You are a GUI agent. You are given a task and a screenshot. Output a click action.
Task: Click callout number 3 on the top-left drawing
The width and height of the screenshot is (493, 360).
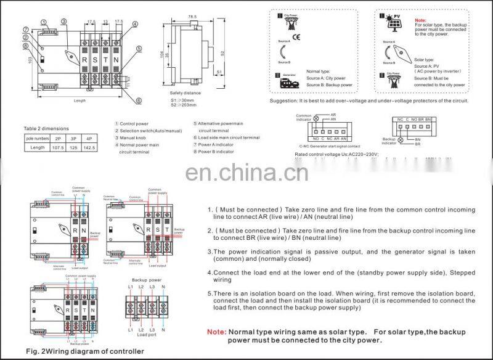click(63, 22)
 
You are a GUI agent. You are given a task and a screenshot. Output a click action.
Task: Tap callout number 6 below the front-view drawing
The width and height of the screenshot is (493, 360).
click(139, 100)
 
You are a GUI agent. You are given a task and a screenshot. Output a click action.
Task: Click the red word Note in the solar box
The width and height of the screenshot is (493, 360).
click(421, 20)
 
